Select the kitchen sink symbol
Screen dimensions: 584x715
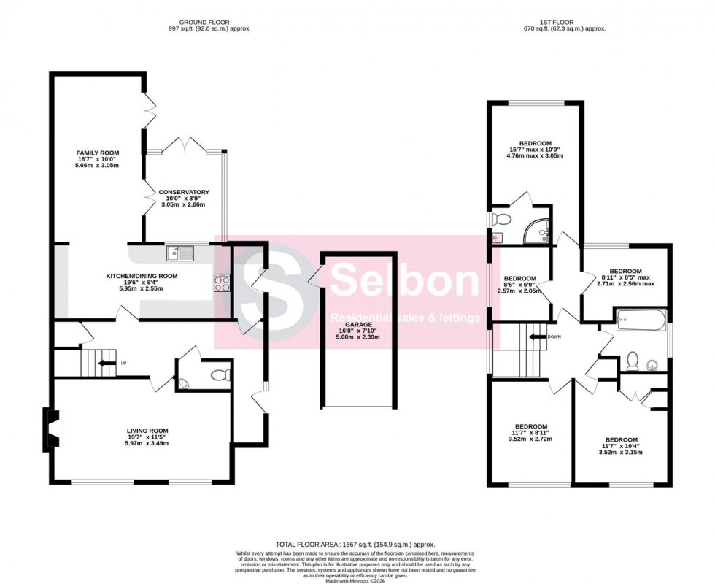coord(179,253)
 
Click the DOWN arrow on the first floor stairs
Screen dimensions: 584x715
coord(539,337)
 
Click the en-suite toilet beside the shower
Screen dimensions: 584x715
coord(500,220)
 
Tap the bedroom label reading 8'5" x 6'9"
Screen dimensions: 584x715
coord(521,285)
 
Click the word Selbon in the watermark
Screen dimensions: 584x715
coord(395,280)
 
